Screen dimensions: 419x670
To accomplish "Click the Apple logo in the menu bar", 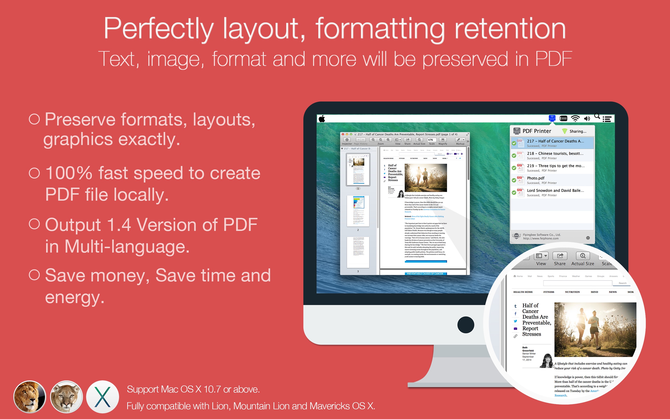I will point(322,119).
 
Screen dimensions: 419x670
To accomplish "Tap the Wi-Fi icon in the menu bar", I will point(575,119).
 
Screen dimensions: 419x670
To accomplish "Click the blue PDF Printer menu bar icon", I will point(552,118).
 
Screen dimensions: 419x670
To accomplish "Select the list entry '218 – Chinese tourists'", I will point(555,155).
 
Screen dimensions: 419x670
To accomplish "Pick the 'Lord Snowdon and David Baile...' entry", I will point(555,193).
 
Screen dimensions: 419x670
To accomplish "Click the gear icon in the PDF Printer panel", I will point(588,238).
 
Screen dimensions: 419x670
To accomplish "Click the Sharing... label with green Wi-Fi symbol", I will point(574,131).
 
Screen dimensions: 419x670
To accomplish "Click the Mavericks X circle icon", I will point(102,397).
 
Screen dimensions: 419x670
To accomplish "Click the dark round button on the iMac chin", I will point(466,325).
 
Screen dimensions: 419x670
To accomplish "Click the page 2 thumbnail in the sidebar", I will point(358,211).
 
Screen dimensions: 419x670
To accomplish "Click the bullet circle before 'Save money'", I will point(34,275).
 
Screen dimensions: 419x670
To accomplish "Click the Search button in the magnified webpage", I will point(622,283).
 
